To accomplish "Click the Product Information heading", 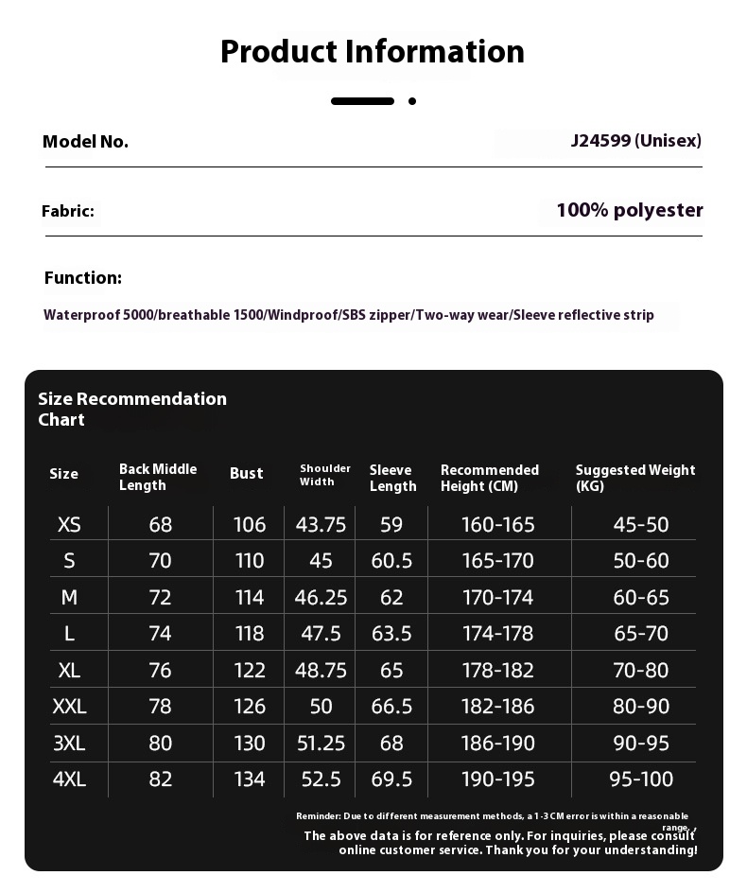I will tap(373, 51).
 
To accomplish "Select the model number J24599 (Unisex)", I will tap(635, 141).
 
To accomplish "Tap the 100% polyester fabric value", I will tap(630, 210).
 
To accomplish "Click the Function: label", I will tap(83, 277).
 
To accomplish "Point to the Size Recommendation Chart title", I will tap(132, 409).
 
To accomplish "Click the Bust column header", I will tap(247, 473).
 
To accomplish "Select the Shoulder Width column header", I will tap(324, 475).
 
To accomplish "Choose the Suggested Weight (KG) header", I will tap(634, 478).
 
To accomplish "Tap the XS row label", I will tap(69, 524).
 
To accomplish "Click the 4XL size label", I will tap(69, 779).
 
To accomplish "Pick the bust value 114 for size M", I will tap(250, 597).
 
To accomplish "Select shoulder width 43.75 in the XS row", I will tap(321, 524).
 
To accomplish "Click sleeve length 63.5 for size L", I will tap(391, 633).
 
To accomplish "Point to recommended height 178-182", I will tap(497, 670).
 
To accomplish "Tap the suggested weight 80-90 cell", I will tap(641, 706).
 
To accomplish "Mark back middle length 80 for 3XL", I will tap(161, 743).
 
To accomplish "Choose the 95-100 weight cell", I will tap(641, 779).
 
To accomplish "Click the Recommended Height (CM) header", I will tap(489, 478).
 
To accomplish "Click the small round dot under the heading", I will tap(412, 101).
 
